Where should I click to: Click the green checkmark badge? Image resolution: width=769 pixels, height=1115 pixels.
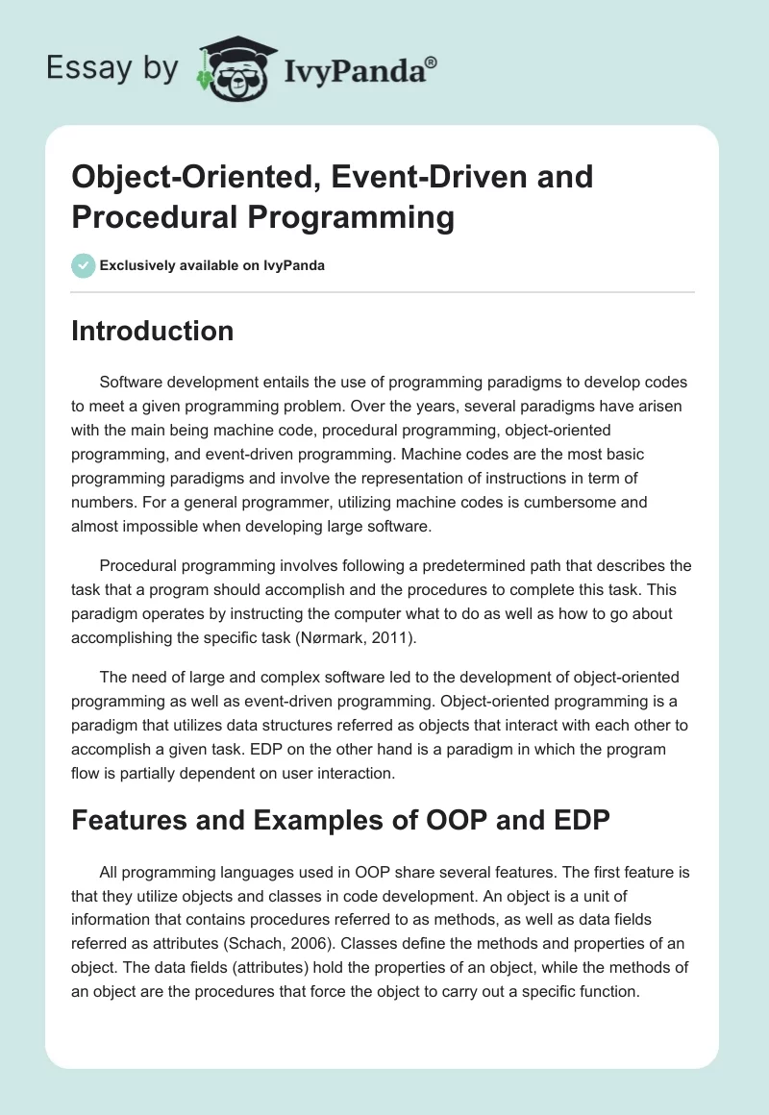point(83,265)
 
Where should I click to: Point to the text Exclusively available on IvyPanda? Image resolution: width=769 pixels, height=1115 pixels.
point(211,266)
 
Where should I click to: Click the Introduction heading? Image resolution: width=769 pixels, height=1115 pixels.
point(152,331)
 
